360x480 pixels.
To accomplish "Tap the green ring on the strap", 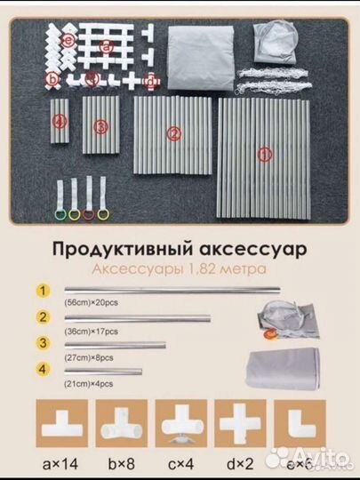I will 60,214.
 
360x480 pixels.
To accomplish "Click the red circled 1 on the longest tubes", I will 262,154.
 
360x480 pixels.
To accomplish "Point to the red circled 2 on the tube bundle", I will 174,134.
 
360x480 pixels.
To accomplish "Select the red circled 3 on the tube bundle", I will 100,127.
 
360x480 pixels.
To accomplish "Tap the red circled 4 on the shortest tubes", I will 60,120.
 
